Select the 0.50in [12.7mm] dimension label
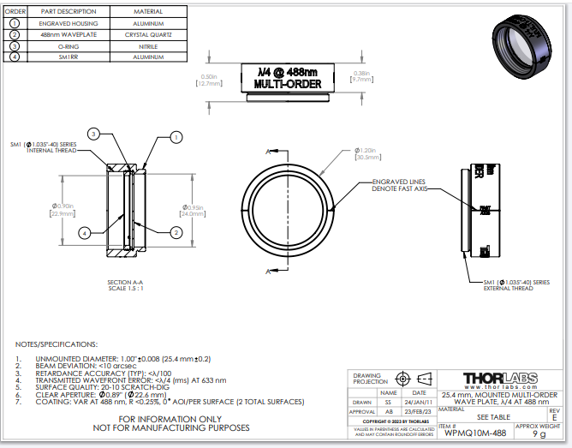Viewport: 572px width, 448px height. pos(210,80)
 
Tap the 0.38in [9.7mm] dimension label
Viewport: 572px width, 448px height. pos(360,76)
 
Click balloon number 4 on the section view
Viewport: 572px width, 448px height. pos(84,232)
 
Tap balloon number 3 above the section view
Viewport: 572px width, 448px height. pos(95,134)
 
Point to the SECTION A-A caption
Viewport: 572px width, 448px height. pos(125,285)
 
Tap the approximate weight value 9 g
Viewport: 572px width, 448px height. pos(539,434)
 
